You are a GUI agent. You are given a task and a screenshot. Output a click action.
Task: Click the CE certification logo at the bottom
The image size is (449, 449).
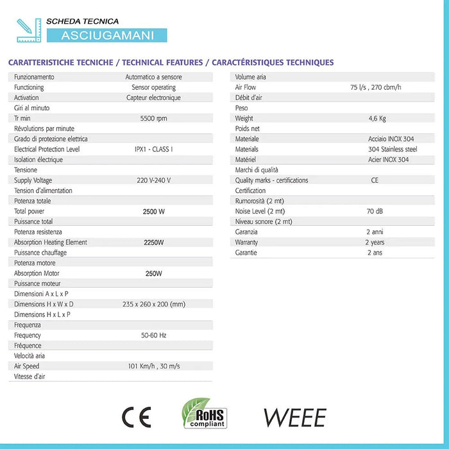coord(137,418)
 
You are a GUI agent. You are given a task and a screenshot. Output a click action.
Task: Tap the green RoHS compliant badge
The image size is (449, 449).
coord(205,413)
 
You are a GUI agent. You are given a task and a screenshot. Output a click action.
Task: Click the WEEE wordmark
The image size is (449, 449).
coord(294,418)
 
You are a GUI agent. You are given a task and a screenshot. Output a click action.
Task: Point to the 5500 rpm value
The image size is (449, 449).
coord(153,119)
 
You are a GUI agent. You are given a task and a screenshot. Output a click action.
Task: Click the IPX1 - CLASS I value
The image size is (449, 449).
coord(153,149)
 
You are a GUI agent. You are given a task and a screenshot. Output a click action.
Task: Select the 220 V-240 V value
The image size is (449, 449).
coord(153,180)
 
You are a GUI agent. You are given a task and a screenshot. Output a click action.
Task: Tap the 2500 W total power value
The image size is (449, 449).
coord(153,211)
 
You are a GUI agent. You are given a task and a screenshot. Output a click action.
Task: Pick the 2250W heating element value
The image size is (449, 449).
coord(153,242)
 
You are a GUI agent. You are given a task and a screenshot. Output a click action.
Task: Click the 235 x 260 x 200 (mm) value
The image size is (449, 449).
coord(153,304)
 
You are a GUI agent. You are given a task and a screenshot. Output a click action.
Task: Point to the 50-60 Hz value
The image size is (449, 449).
coord(153,335)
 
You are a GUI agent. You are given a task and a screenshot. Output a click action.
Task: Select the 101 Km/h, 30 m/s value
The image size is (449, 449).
coord(153,366)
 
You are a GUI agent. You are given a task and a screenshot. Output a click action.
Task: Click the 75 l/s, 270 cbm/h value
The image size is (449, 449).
coord(376,87)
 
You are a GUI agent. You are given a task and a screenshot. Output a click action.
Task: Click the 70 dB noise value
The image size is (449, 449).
coord(375,211)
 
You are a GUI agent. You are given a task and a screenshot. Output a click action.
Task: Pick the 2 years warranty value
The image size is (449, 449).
coord(375,242)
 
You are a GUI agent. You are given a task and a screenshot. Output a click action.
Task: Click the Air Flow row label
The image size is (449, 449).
coord(246,87)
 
